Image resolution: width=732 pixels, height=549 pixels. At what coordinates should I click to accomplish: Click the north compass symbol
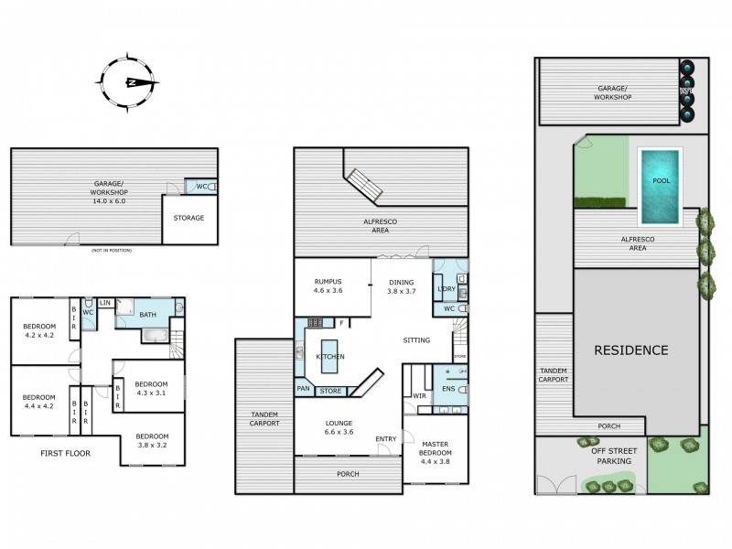pyautogui.click(x=131, y=82)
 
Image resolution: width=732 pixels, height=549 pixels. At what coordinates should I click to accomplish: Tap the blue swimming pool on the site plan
pyautogui.click(x=661, y=186)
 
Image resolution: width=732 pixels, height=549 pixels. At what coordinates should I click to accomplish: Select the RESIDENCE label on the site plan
pyautogui.click(x=631, y=350)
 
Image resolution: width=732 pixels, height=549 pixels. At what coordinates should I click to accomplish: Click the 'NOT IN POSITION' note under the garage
pyautogui.click(x=112, y=250)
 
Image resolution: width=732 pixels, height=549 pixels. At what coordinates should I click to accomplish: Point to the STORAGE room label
pyautogui.click(x=189, y=218)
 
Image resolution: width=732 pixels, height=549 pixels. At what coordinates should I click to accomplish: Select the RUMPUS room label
pyautogui.click(x=327, y=287)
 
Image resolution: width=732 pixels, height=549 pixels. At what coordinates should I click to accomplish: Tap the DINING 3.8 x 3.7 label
pyautogui.click(x=401, y=287)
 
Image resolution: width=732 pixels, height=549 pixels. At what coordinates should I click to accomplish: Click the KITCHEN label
pyautogui.click(x=329, y=356)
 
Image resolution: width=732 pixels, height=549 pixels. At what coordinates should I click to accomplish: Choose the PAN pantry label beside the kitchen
pyautogui.click(x=303, y=389)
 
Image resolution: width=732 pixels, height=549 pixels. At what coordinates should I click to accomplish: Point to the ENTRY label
pyautogui.click(x=386, y=439)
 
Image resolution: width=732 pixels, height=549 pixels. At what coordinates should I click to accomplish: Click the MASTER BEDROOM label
pyautogui.click(x=436, y=452)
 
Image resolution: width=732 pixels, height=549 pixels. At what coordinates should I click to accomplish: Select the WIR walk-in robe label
pyautogui.click(x=420, y=396)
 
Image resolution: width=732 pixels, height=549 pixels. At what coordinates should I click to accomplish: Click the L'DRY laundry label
pyautogui.click(x=447, y=289)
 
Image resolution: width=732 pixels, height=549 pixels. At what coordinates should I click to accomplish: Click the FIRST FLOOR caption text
pyautogui.click(x=65, y=453)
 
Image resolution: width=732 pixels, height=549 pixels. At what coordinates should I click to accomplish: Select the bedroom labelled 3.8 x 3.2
pyautogui.click(x=152, y=441)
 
